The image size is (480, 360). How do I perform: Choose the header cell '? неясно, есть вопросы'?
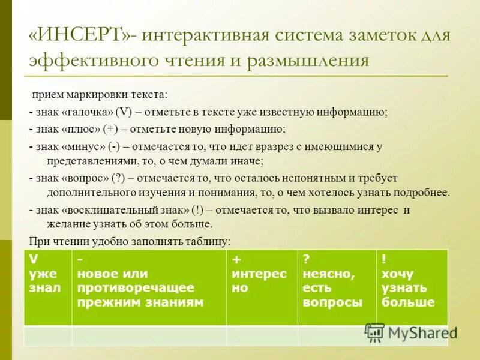coord(336,287)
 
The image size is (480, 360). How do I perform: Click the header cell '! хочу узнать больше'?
coord(411,287)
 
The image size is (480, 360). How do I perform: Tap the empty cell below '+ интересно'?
coord(262,335)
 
